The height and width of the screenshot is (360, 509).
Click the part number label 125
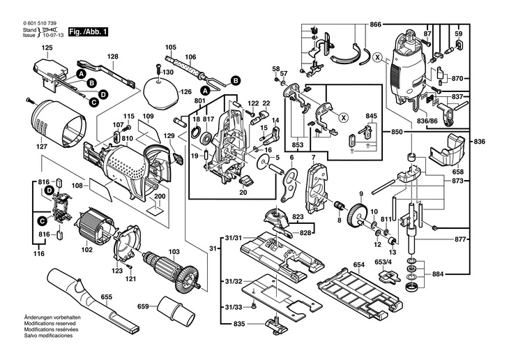[x=46, y=47]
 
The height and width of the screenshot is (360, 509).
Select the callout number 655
[x=107, y=297]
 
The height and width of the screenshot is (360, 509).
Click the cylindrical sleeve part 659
[x=172, y=307]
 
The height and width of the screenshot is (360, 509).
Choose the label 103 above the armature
[x=174, y=251]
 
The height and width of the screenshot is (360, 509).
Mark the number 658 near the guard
[x=458, y=171]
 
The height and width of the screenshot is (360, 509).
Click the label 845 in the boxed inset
[x=371, y=116]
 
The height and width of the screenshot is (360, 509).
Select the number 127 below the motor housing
[x=43, y=148]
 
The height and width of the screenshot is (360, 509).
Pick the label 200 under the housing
[x=160, y=197]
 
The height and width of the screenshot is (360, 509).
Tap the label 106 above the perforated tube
[x=190, y=57]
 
